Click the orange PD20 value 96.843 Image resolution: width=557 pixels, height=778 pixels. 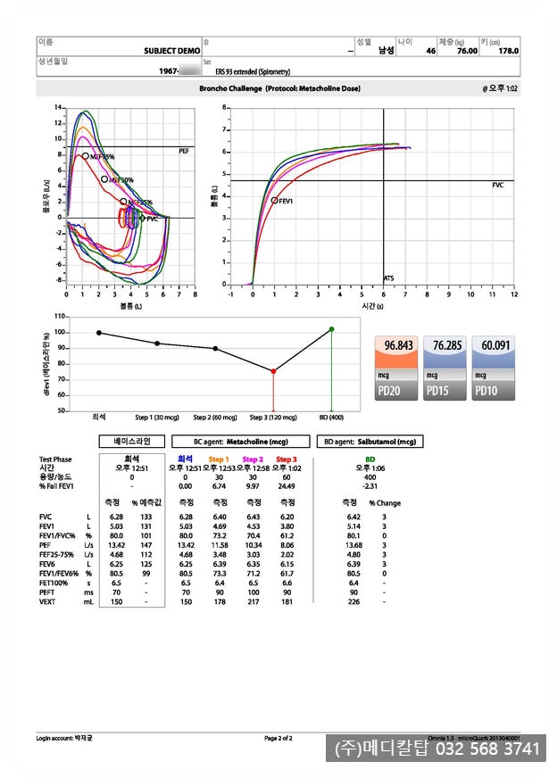point(400,346)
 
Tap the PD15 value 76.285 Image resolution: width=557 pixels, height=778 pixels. point(447,346)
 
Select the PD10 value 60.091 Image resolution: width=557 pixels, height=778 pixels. point(495,346)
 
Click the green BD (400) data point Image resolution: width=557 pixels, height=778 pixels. point(331,329)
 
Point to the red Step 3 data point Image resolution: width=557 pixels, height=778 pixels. point(273,371)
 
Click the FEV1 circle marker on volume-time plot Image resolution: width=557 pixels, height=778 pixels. point(274,201)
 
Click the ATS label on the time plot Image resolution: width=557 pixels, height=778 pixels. point(389,278)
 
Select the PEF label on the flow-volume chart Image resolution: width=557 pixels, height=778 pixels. point(184,153)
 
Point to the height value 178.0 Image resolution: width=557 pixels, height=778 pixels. point(507,52)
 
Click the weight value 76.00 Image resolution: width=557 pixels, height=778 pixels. point(467,52)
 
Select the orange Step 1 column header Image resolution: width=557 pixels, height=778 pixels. point(219,459)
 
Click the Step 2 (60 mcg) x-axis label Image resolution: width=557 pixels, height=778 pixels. point(214,418)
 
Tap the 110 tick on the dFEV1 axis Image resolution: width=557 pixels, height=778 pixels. point(60,317)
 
